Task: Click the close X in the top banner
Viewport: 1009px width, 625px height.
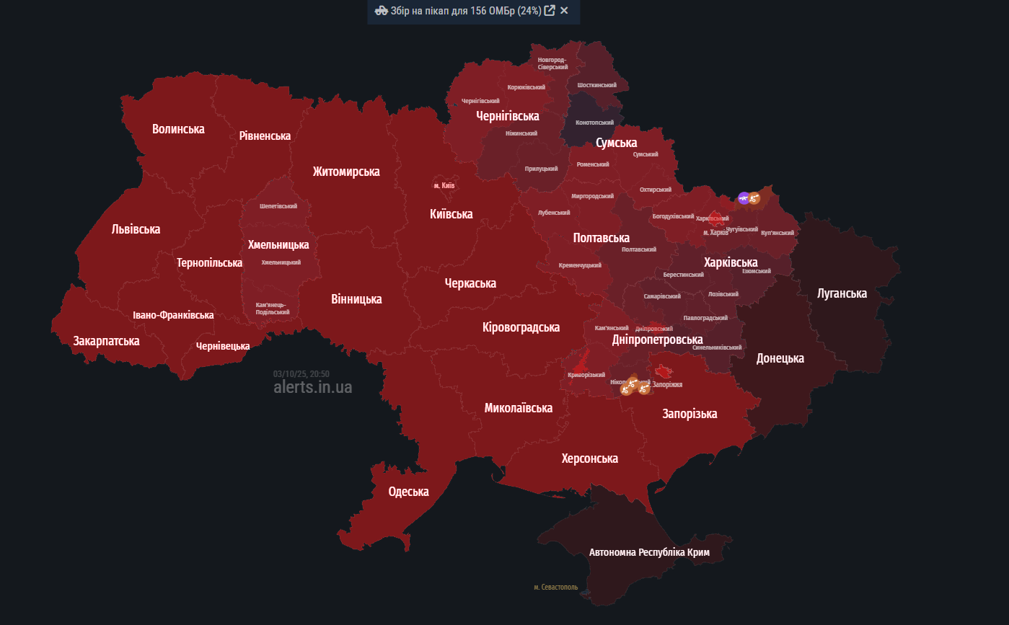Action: click(x=564, y=11)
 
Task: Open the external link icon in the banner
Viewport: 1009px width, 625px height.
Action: click(x=550, y=11)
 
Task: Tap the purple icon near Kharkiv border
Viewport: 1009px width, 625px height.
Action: click(x=744, y=198)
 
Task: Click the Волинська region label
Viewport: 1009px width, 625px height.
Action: click(x=178, y=129)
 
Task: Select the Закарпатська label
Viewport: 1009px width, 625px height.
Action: click(x=106, y=340)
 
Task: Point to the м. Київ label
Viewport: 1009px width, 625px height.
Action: click(x=444, y=185)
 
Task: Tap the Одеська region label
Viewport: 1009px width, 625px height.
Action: click(x=408, y=492)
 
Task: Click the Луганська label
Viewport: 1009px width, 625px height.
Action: click(x=842, y=293)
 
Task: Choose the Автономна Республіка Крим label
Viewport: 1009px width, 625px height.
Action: click(x=649, y=552)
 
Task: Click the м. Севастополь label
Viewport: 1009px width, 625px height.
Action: click(x=556, y=587)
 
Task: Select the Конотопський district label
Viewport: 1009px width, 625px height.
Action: click(x=595, y=123)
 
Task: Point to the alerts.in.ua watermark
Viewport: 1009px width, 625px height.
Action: click(x=313, y=388)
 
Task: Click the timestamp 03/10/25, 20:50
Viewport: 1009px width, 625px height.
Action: click(x=301, y=374)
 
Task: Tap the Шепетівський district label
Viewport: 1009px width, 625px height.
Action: click(x=278, y=206)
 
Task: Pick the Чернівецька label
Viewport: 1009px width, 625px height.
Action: click(x=223, y=346)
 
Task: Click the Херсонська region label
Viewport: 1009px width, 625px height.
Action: click(x=590, y=458)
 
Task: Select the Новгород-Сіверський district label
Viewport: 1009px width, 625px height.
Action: click(x=552, y=63)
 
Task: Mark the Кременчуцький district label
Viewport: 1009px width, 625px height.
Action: click(x=580, y=265)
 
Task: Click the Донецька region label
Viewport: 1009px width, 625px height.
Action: click(x=780, y=358)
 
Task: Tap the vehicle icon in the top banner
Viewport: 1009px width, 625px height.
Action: click(x=382, y=11)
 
